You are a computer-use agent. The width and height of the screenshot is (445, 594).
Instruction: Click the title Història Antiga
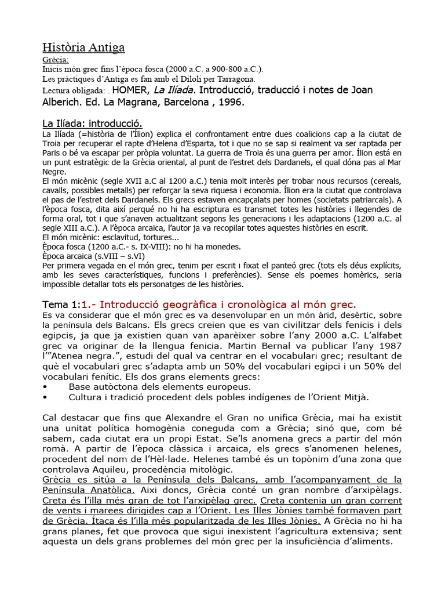(84, 48)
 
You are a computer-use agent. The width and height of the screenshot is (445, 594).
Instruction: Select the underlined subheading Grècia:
(56, 60)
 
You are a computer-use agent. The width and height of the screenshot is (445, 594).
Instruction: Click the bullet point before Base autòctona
(46, 386)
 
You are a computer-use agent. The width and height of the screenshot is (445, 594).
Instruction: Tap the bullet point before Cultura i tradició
(46, 397)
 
